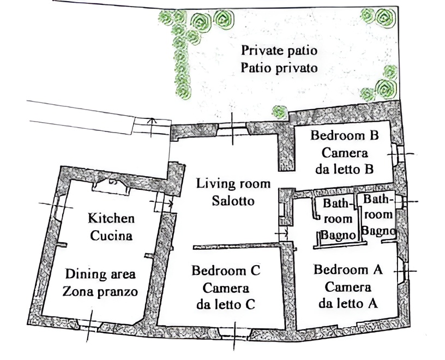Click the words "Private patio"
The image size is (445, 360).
279,51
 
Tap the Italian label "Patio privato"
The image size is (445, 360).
279,68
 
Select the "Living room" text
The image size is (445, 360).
233,184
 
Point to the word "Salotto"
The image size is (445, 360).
233,201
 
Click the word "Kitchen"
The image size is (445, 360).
111,218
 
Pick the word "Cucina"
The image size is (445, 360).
111,236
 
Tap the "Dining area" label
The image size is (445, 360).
100,274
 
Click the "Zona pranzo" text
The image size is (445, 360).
100,292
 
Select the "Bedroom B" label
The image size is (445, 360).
345,135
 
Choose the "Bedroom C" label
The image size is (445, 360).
226,271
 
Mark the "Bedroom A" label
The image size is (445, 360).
348,269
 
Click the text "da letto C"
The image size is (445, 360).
226,305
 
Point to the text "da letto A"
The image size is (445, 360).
348,303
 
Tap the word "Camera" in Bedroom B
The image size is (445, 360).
345,153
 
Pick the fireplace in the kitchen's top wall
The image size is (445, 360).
111,186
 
